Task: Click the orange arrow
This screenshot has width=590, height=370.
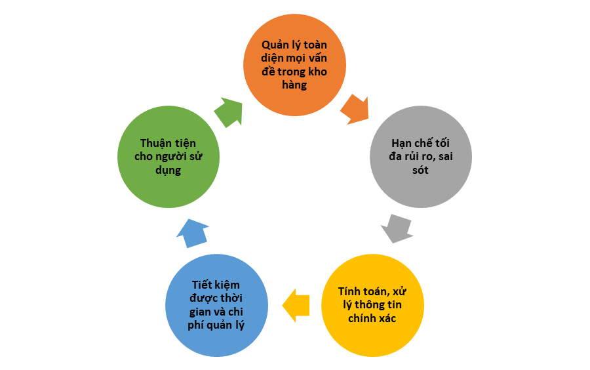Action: (355, 109)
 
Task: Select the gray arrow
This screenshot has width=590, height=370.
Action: (397, 228)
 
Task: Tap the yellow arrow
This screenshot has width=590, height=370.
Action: (296, 305)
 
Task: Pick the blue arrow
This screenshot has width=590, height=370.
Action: (192, 234)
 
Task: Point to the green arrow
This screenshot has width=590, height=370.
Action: (229, 112)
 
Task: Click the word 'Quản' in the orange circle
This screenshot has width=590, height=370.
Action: (274, 45)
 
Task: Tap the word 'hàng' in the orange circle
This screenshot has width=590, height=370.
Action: (294, 85)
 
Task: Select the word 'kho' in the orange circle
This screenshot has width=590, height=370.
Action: (318, 71)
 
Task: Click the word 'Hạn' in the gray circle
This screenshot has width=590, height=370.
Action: (401, 144)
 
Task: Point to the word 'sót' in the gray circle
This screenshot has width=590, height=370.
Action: (420, 170)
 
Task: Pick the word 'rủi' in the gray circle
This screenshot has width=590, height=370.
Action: (411, 156)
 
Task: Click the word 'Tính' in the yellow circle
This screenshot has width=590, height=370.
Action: (350, 291)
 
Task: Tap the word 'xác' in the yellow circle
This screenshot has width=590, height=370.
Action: (387, 318)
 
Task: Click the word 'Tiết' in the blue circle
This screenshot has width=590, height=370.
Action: (203, 285)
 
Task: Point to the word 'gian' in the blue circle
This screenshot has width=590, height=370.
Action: (200, 312)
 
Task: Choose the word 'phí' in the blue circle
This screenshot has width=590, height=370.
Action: (195, 325)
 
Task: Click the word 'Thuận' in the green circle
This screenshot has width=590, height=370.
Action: (155, 144)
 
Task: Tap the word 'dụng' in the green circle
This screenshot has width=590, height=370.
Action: (168, 170)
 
